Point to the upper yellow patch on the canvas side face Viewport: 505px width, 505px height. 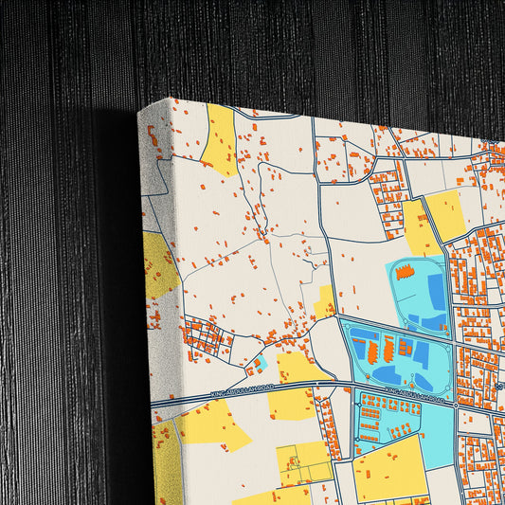[x=160, y=267]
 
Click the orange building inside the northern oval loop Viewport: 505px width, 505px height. [x=405, y=273]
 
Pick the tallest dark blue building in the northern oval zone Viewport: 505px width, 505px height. [x=436, y=291]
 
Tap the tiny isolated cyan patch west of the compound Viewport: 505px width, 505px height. [x=261, y=363]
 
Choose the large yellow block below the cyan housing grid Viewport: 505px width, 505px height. [x=389, y=469]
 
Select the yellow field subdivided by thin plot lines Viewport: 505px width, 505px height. [x=304, y=462]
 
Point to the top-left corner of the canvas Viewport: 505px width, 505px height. [x=139, y=111]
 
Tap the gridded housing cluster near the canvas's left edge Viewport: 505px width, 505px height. [x=206, y=337]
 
